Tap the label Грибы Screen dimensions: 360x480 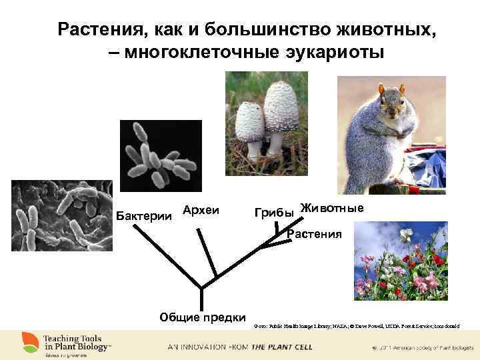click(x=274, y=213)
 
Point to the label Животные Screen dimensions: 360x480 click(x=331, y=208)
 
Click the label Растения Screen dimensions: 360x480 click(x=314, y=234)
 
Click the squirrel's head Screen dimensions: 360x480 click(x=391, y=104)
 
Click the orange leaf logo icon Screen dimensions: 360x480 click(x=29, y=342)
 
